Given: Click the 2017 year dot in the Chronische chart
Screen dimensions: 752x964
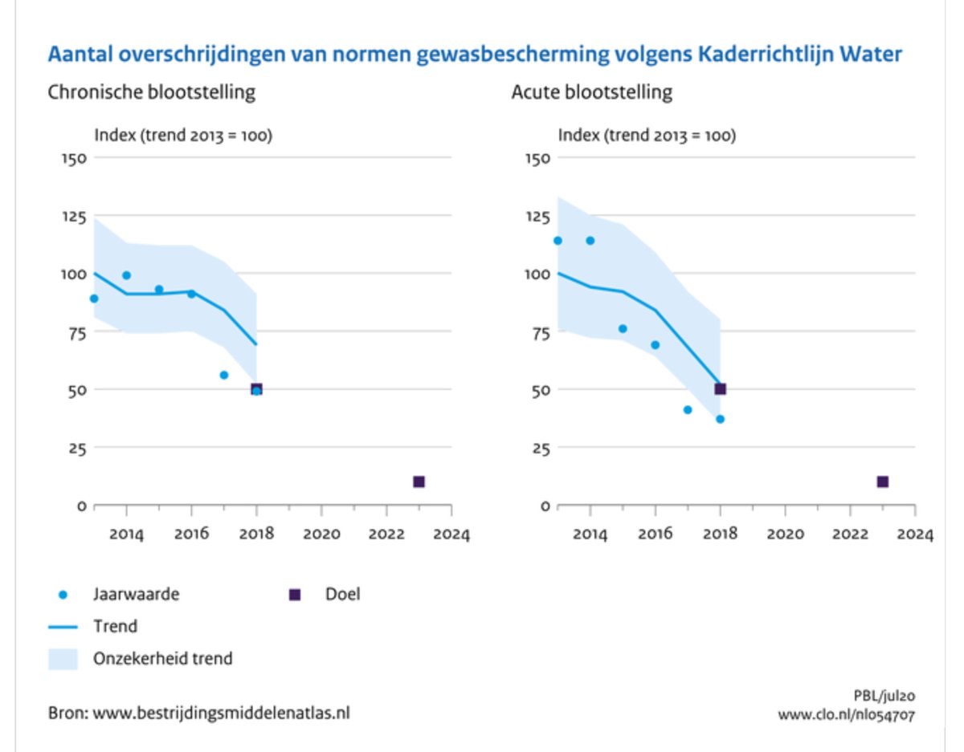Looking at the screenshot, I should (x=224, y=375).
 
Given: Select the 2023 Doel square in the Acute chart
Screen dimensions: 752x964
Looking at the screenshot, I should (x=882, y=482).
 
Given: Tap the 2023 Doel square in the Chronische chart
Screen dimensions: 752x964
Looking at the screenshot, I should (x=419, y=482).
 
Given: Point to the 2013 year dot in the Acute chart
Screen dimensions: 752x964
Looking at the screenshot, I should (x=558, y=241).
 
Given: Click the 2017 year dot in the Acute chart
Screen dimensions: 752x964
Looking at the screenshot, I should (x=688, y=409).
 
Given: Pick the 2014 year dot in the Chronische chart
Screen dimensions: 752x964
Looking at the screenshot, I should (x=126, y=275).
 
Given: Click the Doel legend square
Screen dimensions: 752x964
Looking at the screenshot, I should (x=294, y=595).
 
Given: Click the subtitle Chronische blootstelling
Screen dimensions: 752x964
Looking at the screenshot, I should (x=152, y=92).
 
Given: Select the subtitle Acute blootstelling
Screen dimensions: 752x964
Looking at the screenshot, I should (x=592, y=92).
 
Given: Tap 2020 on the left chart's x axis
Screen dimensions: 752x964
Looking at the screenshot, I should (x=321, y=535).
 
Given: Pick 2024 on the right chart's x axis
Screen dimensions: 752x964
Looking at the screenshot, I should (x=915, y=535).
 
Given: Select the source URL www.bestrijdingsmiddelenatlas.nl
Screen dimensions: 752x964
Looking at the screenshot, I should (x=222, y=713).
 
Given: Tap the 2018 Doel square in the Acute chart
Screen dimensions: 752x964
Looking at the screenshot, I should (x=721, y=389).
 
